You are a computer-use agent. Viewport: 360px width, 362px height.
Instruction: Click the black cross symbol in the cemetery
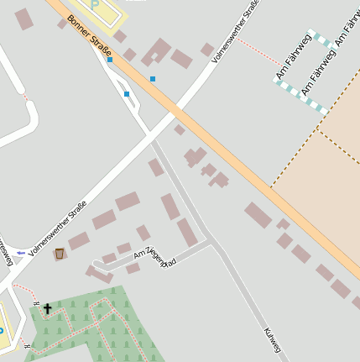pos(47,309)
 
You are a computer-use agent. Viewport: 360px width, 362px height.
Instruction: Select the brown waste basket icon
pos(59,253)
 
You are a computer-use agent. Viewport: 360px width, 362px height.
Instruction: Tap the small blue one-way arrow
pos(21,252)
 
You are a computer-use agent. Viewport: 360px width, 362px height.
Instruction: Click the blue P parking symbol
pos(94,3)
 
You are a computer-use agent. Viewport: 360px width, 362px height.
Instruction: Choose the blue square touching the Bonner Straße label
pos(110,60)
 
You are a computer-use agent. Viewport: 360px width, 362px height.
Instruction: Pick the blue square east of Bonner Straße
pos(153,79)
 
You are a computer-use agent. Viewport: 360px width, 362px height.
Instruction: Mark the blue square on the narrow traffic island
pos(127,94)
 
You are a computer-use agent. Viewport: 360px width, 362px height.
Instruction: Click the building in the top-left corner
pos(23,18)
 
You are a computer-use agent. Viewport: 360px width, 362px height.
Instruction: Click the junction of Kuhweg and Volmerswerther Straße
pos(150,136)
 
